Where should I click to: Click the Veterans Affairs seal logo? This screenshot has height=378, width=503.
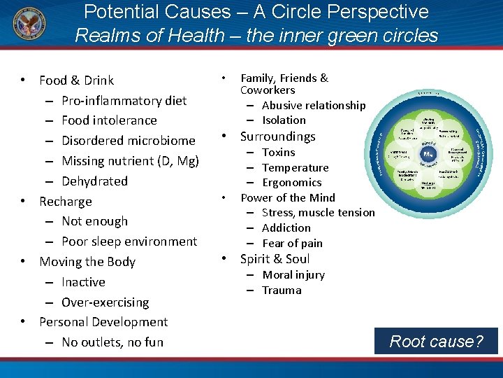coord(28,26)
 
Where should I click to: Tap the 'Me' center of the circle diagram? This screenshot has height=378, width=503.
coord(428,156)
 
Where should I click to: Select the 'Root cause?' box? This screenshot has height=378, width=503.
coord(436,341)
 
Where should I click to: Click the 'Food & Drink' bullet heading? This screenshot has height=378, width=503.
coord(76,80)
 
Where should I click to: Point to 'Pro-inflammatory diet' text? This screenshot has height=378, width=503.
coord(124,100)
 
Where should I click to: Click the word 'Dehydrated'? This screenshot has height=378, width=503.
coord(94,181)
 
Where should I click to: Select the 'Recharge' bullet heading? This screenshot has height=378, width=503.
coord(66,201)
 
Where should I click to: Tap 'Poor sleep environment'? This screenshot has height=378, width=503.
coord(129,241)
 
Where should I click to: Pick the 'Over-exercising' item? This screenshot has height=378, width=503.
coord(105,302)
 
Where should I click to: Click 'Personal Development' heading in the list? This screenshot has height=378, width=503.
coord(103,322)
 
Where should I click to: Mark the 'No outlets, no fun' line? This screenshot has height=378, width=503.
coord(112,342)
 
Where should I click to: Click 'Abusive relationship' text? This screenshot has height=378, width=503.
coord(314,105)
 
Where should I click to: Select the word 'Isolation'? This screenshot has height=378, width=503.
coord(284,120)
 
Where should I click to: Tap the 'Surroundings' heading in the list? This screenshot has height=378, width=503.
coord(277,136)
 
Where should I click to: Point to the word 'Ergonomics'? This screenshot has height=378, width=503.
coord(291,182)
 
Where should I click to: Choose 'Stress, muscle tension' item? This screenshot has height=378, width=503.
coord(318,212)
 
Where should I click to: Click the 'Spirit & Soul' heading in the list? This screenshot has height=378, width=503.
coord(275,258)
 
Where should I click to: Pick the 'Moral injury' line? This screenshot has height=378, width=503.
coord(293,274)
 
